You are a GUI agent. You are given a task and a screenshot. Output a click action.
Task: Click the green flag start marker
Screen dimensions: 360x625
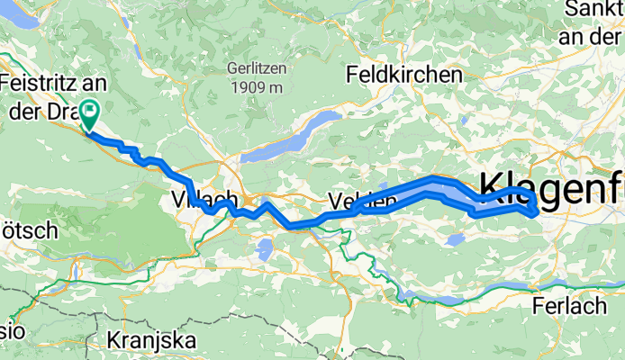pos(90,114)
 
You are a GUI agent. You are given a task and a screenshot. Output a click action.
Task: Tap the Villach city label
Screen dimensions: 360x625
pos(204,199)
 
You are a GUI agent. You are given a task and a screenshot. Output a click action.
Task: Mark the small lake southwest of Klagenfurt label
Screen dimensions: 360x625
pos(456,238)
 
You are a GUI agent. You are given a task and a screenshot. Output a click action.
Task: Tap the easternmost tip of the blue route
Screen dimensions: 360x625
pos(538,211)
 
